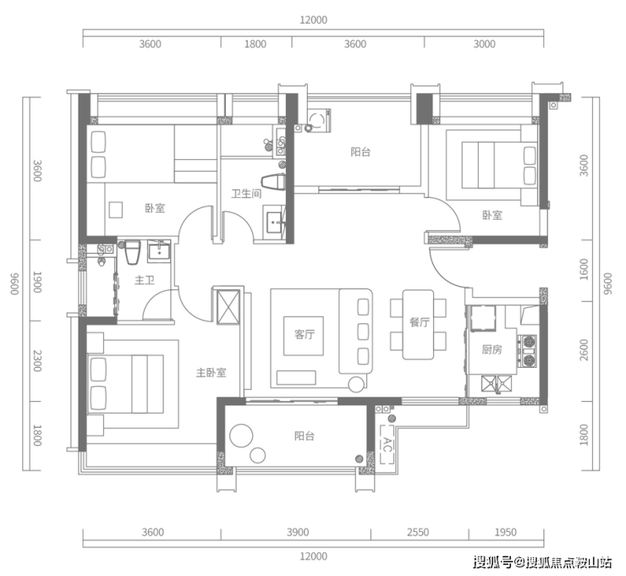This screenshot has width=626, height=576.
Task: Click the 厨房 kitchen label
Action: (491, 349)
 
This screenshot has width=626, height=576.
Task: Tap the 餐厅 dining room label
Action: (420, 322)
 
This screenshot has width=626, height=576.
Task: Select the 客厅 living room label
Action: (305, 334)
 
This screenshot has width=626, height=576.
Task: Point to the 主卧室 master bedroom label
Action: (211, 372)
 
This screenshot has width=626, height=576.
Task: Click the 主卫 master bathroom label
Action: (145, 280)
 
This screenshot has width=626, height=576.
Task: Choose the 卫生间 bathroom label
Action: (246, 194)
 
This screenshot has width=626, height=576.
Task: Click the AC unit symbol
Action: (387, 444)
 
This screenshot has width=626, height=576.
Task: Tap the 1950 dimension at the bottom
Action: (505, 532)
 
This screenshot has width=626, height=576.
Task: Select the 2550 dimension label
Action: (418, 532)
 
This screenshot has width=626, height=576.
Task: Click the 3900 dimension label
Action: (298, 532)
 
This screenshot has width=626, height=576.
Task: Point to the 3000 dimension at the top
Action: (484, 43)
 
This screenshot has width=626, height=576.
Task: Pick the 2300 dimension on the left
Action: (37, 361)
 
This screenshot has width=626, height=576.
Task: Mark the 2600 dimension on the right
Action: (584, 349)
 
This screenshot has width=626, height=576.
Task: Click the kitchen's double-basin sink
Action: (497, 384)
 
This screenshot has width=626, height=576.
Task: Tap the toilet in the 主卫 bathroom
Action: (132, 251)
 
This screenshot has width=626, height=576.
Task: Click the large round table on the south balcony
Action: (241, 436)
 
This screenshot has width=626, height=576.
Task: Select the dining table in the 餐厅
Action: (418, 325)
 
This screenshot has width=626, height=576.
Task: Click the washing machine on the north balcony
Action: (318, 120)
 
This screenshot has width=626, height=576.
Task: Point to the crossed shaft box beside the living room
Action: (228, 306)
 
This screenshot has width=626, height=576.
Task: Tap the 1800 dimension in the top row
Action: (255, 43)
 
